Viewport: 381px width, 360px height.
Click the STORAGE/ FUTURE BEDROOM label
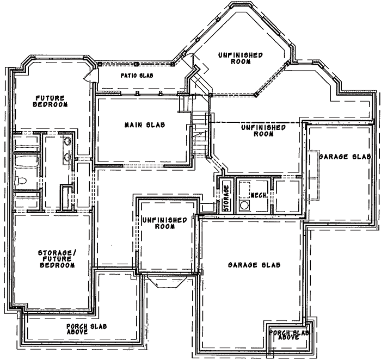pyautogui.click(x=56, y=259)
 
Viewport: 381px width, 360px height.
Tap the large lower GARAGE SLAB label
pyautogui.click(x=254, y=265)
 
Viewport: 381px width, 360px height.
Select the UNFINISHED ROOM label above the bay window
pyautogui.click(x=164, y=224)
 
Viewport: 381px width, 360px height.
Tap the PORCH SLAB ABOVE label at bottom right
pyautogui.click(x=290, y=335)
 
